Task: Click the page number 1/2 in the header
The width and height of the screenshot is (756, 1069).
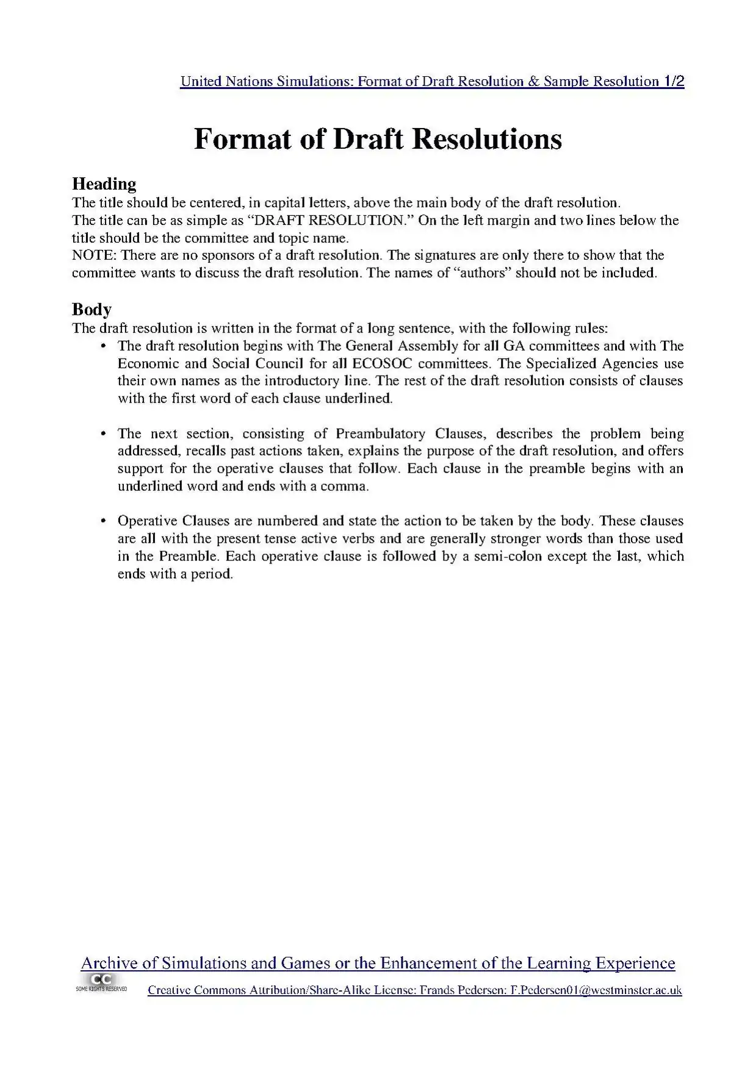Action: (673, 82)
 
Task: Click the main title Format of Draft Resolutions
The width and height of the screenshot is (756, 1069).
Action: (378, 139)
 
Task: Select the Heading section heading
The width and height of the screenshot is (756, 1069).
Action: (104, 184)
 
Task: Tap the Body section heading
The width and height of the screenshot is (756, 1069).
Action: (92, 310)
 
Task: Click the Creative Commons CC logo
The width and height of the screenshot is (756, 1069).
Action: (101, 981)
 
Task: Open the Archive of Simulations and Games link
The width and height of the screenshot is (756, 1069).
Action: (378, 964)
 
